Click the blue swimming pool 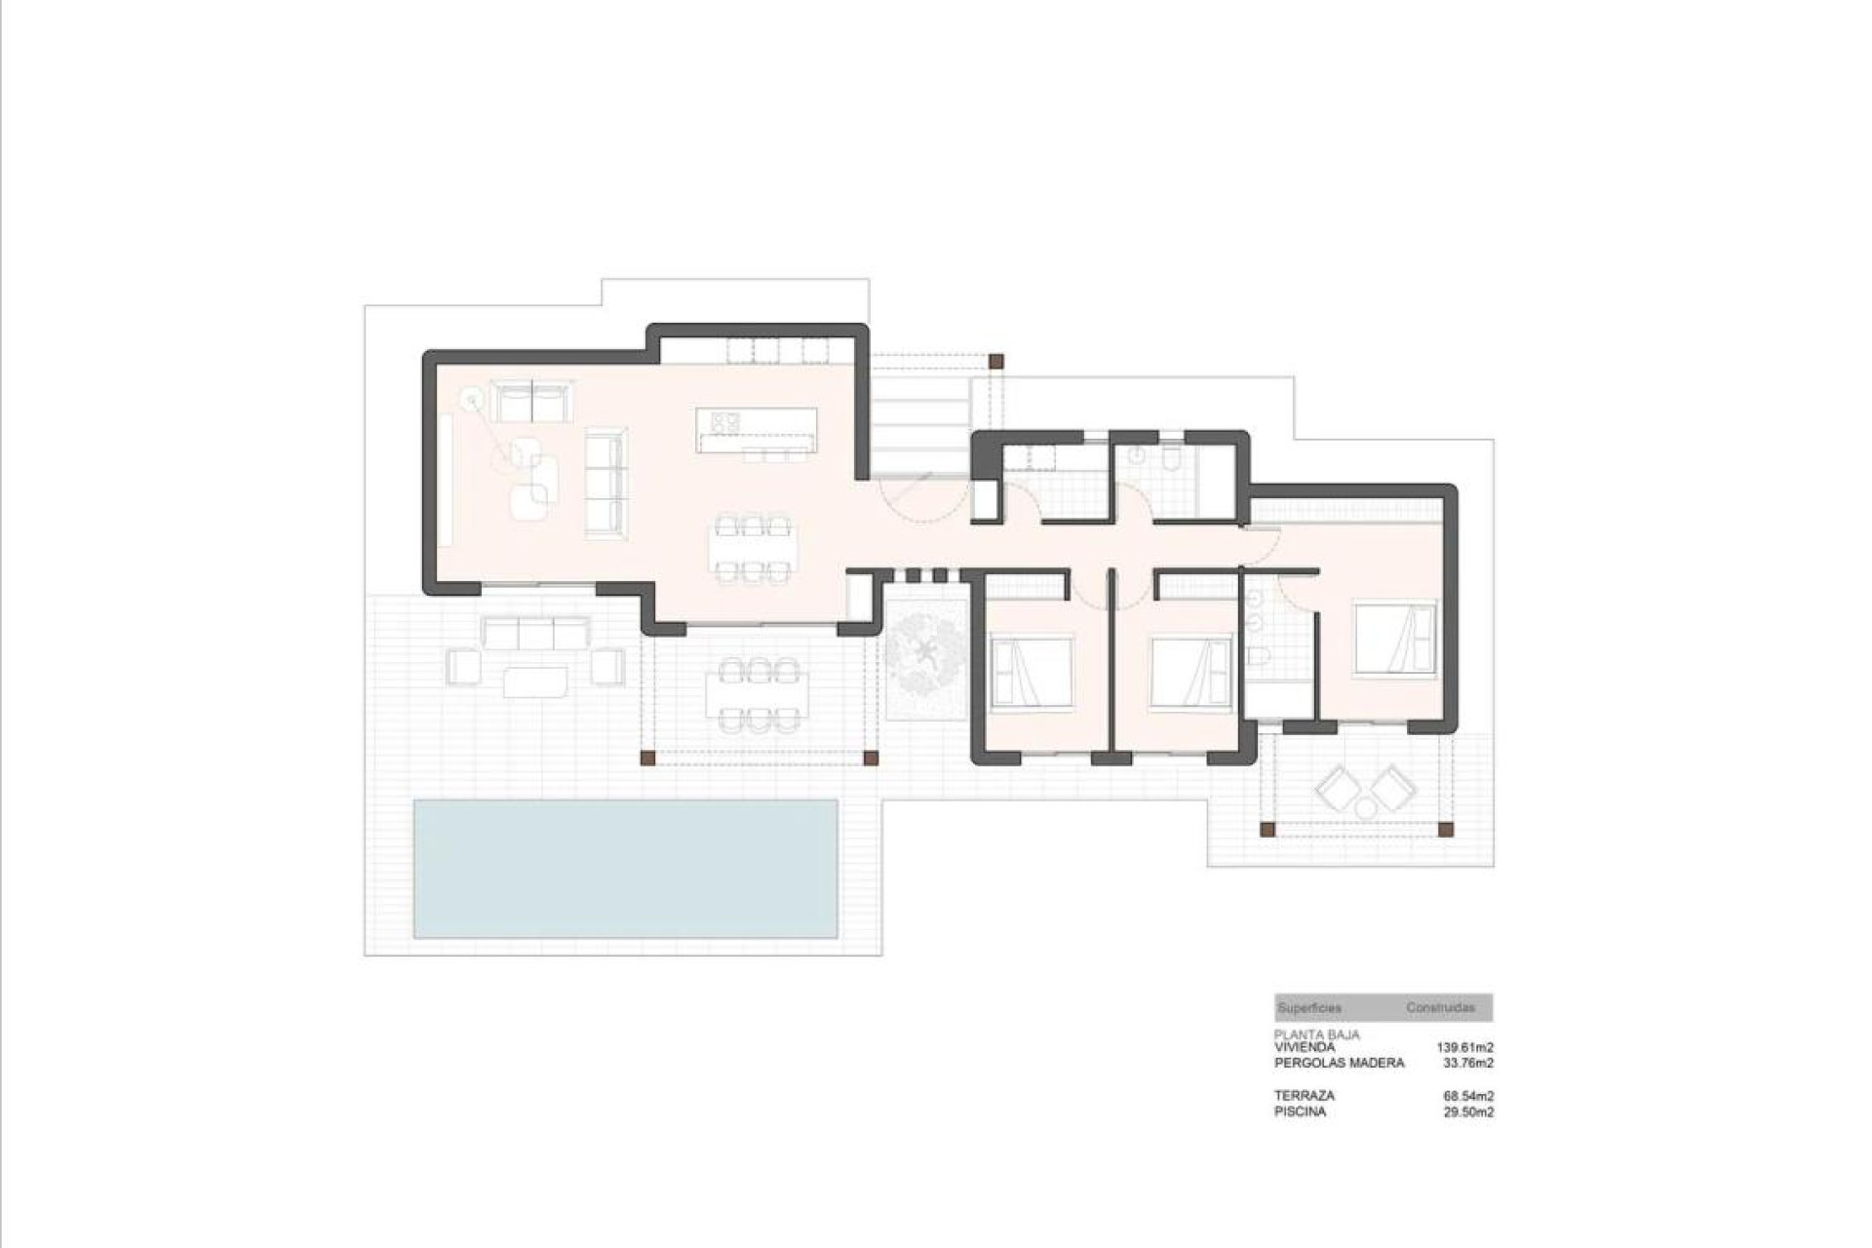pos(625,868)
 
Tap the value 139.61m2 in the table pos(1464,1047)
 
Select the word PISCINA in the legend pos(1300,1111)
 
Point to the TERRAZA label pos(1304,1096)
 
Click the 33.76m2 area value pos(1467,1063)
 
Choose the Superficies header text pos(1309,1007)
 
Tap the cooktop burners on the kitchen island pos(725,421)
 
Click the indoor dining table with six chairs pos(752,548)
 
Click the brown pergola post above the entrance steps pos(995,361)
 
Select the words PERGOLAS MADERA pos(1339,1063)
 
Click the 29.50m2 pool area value pos(1467,1111)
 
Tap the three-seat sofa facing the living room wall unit pos(605,484)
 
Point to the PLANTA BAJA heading pos(1316,1034)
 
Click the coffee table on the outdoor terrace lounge pos(535,680)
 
